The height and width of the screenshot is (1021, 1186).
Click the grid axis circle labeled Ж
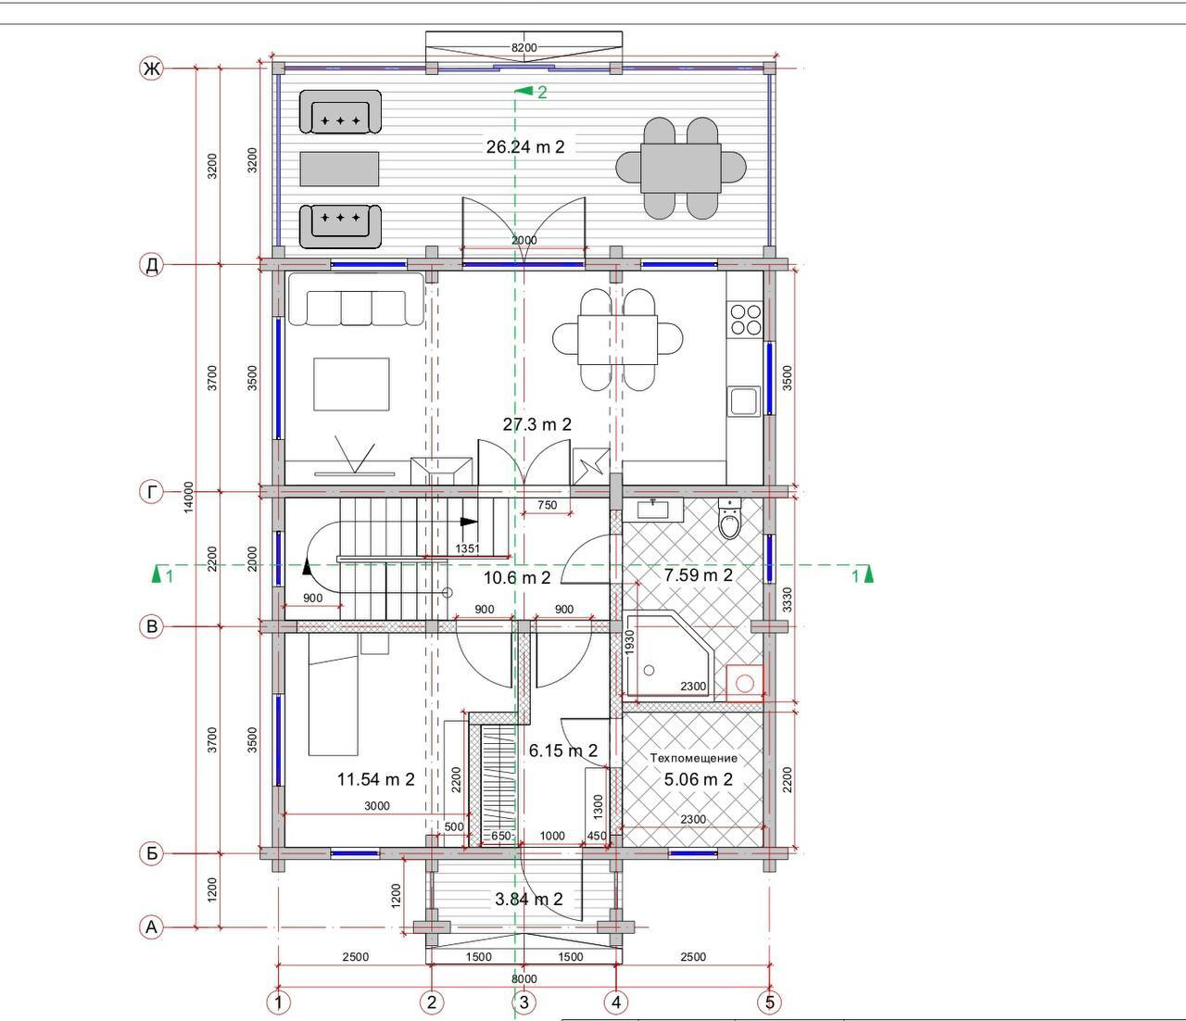coord(151,69)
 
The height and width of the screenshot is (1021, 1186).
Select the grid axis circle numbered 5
coord(769,1002)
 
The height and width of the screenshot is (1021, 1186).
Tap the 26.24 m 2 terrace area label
coord(525,146)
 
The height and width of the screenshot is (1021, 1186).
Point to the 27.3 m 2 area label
coord(537,424)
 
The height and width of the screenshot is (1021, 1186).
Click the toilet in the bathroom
coord(730,518)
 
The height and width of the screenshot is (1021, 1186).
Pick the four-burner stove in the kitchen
coord(745,320)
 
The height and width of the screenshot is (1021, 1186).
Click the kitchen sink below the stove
coord(744,401)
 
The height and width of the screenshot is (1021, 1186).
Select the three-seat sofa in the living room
coord(356,299)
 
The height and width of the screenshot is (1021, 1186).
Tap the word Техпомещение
coord(693,758)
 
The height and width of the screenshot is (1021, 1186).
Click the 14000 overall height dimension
coord(189,497)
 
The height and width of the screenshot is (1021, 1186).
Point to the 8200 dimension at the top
coord(524,47)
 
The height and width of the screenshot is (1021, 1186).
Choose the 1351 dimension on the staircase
coord(467,548)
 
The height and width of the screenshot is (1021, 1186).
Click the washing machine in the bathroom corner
coord(745,683)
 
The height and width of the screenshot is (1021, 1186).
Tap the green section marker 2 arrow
coord(523,91)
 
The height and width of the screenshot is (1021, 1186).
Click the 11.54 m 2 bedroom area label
coord(376,779)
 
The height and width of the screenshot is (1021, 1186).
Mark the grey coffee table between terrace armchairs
coord(339,170)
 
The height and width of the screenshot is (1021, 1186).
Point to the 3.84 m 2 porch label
coord(528,899)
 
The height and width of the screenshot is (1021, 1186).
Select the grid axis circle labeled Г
coord(151,492)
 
